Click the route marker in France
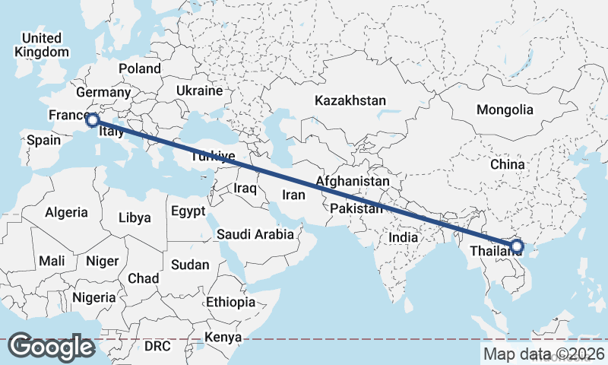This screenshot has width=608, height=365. coord(93,119)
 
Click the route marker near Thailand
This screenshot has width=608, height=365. coord(517,246)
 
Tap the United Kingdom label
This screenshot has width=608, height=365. coord(41,45)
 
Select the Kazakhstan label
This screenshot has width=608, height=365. coord(350,100)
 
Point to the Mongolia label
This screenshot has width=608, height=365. coord(505,109)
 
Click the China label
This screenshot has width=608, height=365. coord(508,164)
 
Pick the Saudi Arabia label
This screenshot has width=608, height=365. coord(255,234)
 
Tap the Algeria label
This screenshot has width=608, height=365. coord(66,212)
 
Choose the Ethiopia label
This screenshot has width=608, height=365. coord(230,302)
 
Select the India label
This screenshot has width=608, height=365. coord(404,237)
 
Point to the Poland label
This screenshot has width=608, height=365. coord(139,68)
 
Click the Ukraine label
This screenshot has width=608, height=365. coord(199,90)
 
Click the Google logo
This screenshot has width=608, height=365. coord(51,346)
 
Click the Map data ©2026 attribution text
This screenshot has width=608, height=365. coord(544,354)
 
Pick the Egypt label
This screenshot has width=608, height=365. coord(188,211)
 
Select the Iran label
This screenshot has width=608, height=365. coord(293,195)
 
